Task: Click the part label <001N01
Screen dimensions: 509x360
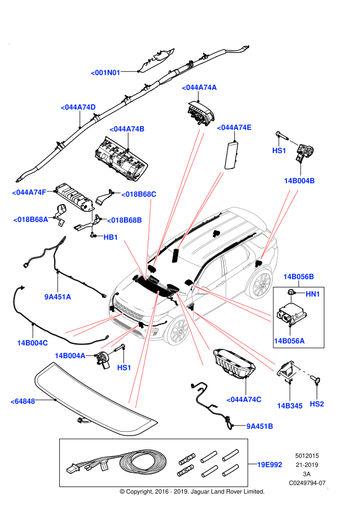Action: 106,72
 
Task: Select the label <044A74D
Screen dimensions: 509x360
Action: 78,107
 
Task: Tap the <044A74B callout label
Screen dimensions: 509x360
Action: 127,129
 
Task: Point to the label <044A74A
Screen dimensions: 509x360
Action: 200,87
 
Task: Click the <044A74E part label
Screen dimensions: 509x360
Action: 234,128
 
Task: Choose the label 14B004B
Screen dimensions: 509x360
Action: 299,180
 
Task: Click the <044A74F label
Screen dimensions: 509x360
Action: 30,192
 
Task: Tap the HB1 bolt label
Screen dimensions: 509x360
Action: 111,237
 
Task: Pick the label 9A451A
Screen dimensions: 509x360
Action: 58,297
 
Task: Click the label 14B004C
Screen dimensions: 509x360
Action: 32,343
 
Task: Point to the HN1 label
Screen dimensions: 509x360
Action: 313,295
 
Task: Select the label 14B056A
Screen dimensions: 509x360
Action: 289,341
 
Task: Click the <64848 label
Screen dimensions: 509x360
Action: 22,401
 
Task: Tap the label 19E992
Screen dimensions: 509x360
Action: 269,465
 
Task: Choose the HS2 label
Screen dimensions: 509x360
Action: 317,404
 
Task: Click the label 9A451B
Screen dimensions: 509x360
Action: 260,426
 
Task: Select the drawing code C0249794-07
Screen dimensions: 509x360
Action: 307,483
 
